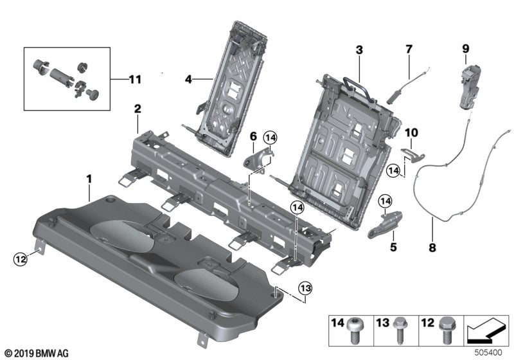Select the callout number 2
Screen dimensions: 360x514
[x=137, y=109]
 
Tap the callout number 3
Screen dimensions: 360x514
[x=359, y=50]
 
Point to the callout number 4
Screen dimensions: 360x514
[x=188, y=80]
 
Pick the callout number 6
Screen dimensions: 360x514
[x=253, y=136]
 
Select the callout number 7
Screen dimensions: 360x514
[x=407, y=49]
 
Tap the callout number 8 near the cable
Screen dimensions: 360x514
[x=432, y=246]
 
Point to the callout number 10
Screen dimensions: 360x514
[x=411, y=132]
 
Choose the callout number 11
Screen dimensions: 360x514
[x=134, y=79]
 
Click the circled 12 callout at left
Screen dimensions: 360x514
[x=21, y=259]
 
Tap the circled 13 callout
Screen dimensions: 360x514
[x=305, y=286]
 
